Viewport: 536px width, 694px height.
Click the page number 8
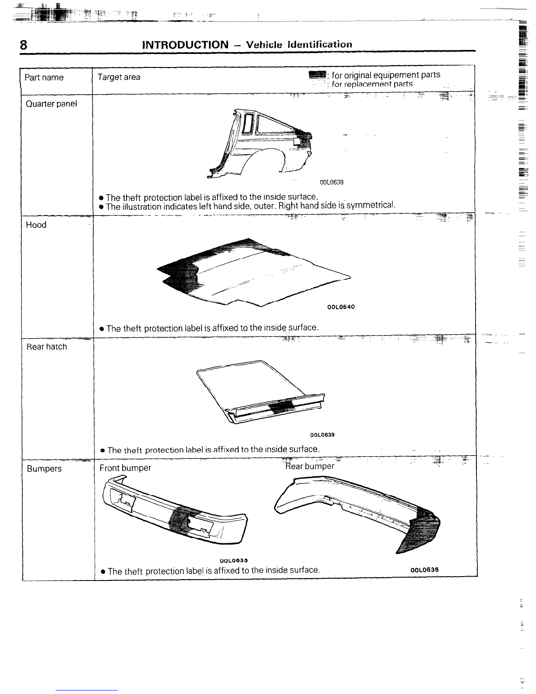(x=23, y=45)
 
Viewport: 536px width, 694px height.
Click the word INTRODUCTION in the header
(x=185, y=45)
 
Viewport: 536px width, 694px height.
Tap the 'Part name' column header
(x=44, y=77)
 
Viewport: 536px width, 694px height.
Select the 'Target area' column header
(x=119, y=77)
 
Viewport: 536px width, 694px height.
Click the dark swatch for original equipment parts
(x=317, y=75)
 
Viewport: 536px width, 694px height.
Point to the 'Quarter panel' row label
(x=51, y=104)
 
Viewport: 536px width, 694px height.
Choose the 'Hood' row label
(x=36, y=225)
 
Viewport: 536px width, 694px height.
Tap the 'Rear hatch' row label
(x=46, y=347)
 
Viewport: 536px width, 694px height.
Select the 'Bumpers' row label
(x=44, y=468)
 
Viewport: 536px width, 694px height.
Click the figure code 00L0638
(x=331, y=182)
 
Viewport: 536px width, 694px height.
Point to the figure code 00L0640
(x=341, y=307)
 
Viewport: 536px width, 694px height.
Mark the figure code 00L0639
(x=322, y=435)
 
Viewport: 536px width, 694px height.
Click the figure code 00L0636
(x=425, y=570)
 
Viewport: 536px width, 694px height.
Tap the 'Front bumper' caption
(x=125, y=468)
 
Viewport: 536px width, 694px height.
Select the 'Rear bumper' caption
(x=310, y=466)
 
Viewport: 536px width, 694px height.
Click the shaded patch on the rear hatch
(x=282, y=407)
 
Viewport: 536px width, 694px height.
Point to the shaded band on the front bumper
(x=181, y=520)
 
